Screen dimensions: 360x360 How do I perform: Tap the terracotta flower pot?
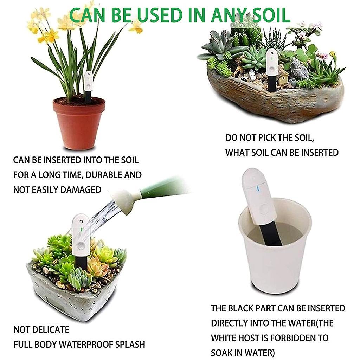point(79,123)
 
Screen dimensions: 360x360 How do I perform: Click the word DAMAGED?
point(81,190)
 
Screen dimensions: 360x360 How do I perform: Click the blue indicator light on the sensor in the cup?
point(257,189)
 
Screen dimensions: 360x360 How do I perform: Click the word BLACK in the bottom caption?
point(241,308)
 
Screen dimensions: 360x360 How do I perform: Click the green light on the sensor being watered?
point(81,229)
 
